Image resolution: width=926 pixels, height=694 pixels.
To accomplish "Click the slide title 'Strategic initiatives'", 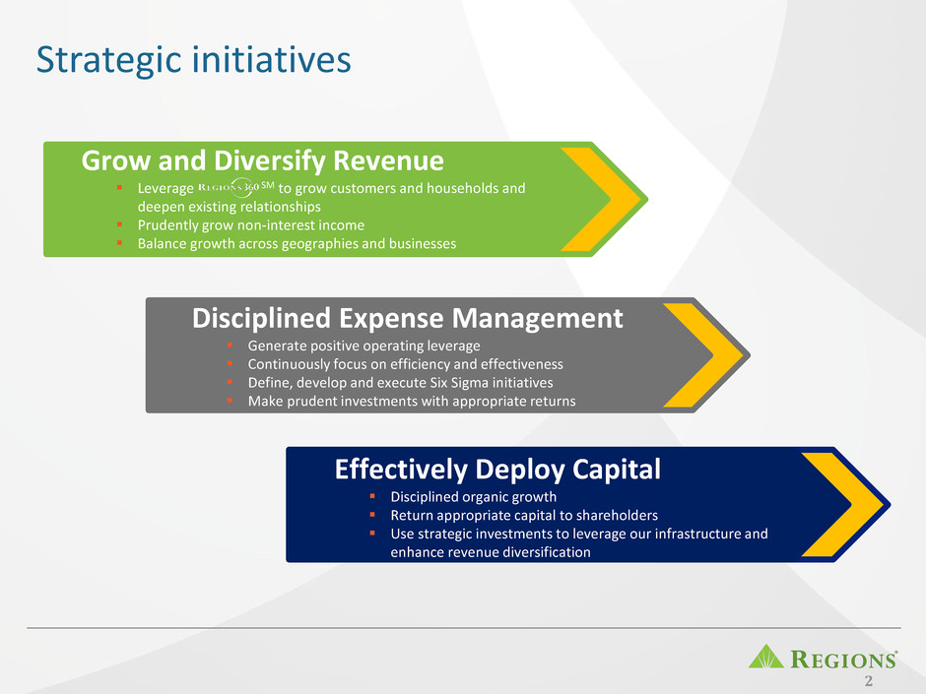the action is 194,61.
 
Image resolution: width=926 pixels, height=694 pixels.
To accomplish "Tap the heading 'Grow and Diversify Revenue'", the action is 262,161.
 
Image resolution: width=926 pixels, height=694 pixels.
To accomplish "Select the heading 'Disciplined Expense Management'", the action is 407,319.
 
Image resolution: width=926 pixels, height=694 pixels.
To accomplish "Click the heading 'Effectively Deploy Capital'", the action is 497,470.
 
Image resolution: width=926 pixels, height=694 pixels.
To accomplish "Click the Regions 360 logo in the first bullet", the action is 236,187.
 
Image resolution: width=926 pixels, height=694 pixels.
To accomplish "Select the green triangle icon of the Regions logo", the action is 766,657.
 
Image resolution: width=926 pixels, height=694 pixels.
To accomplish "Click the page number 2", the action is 868,681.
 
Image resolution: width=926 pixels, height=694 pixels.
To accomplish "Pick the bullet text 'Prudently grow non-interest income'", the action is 251,225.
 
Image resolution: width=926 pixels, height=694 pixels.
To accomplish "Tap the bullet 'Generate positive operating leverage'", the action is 364,346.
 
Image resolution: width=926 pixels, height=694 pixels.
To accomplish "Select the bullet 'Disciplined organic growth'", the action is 474,497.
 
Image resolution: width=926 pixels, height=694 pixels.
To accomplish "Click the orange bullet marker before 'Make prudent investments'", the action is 230,400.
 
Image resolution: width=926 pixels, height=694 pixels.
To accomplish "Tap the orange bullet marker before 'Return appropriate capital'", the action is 372,515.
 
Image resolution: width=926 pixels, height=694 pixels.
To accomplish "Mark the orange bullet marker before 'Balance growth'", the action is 119,242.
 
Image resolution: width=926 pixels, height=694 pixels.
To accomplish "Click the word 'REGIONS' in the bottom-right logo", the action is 843,659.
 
